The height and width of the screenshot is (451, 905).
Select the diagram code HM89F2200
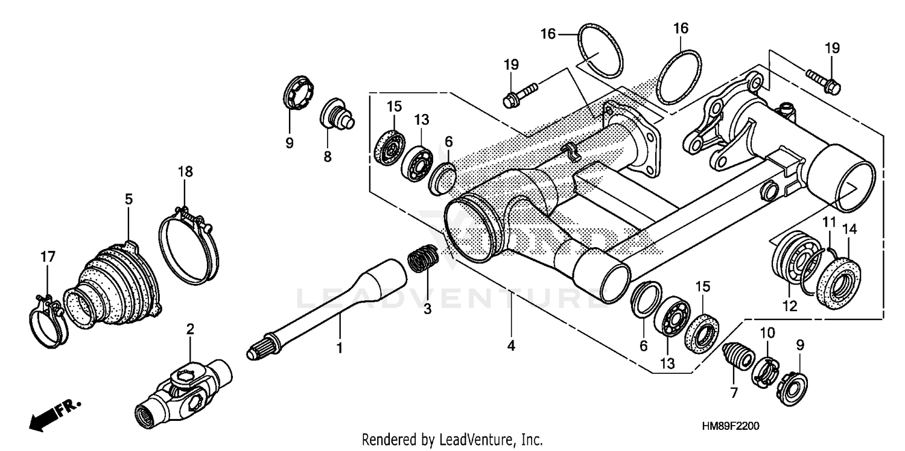click(x=730, y=426)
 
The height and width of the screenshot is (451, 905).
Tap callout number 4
click(x=511, y=347)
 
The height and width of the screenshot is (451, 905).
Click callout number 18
click(x=185, y=171)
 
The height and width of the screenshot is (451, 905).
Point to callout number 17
click(x=46, y=257)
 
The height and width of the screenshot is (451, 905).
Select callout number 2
click(x=190, y=329)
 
